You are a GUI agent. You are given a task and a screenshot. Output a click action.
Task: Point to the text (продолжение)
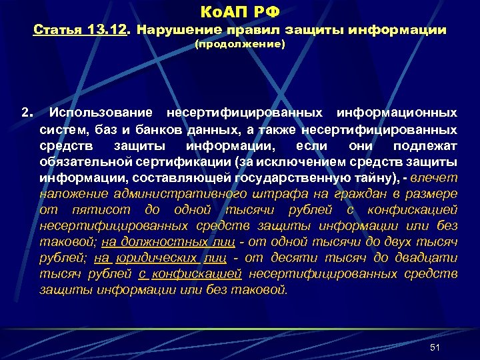pos(239,45)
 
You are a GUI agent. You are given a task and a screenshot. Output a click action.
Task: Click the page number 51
pos(435,348)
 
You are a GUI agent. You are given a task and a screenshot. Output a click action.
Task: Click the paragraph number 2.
pos(27,113)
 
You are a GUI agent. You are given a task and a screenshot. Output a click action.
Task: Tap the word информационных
pos(397,113)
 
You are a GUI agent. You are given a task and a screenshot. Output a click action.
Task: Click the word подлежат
pos(425,145)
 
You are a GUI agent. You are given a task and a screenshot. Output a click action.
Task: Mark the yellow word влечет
pos(435,177)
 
